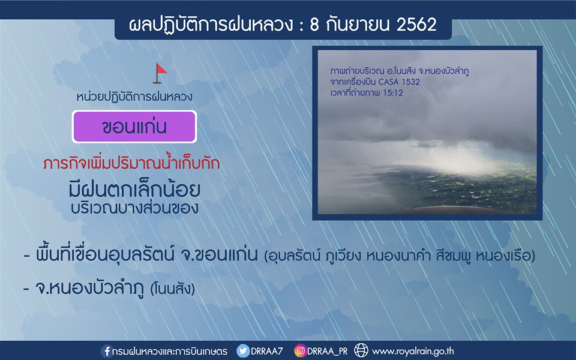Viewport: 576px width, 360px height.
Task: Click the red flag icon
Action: tap(160, 73)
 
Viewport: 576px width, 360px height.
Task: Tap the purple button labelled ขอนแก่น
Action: tap(134, 127)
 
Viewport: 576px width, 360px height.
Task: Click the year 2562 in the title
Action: tap(416, 25)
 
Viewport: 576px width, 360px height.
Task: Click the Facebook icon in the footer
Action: tap(107, 351)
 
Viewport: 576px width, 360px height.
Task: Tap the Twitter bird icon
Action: tap(243, 351)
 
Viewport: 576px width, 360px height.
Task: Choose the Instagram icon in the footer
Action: tap(300, 351)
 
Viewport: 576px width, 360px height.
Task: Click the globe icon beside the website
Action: tap(361, 351)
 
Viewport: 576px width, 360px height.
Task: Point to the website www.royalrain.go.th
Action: tap(413, 352)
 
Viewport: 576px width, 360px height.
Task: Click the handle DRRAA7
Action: tap(267, 351)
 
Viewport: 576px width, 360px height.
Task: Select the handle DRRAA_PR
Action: tap(328, 352)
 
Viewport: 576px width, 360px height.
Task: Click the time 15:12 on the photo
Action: tap(392, 93)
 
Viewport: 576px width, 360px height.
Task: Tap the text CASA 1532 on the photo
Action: tap(399, 82)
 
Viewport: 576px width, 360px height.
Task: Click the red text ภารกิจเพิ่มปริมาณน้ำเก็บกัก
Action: tap(131, 163)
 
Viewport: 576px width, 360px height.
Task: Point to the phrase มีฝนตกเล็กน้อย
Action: tap(134, 189)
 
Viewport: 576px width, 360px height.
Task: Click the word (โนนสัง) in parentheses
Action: tap(173, 289)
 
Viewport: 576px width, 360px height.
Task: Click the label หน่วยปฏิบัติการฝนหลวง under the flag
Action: tap(134, 97)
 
